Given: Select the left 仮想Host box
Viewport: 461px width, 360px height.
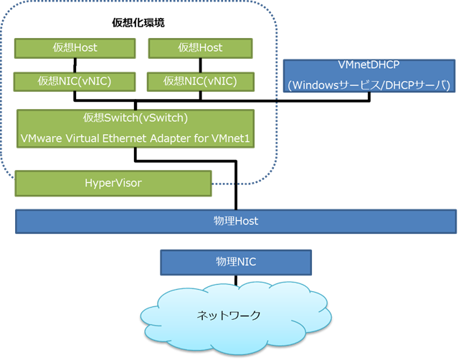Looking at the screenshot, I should (x=75, y=48).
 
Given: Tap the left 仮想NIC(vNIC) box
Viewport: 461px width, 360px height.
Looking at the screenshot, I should (x=75, y=81).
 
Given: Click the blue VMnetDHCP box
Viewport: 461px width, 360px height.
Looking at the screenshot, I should (x=369, y=76).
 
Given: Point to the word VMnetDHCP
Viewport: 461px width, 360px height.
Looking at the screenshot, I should (x=369, y=66).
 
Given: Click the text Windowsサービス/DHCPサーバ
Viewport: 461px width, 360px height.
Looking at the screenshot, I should (x=369, y=86).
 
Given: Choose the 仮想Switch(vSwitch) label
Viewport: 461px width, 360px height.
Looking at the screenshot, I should (x=136, y=118).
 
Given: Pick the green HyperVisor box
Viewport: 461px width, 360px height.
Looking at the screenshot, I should (x=113, y=183).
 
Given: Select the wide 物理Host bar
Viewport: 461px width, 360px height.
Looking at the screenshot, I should (x=237, y=221).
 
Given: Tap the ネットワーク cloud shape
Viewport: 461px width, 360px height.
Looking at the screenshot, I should (x=237, y=316).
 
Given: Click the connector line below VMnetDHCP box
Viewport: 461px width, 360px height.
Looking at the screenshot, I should (x=369, y=97).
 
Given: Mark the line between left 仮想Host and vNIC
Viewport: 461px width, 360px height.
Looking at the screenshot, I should (x=75, y=65).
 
